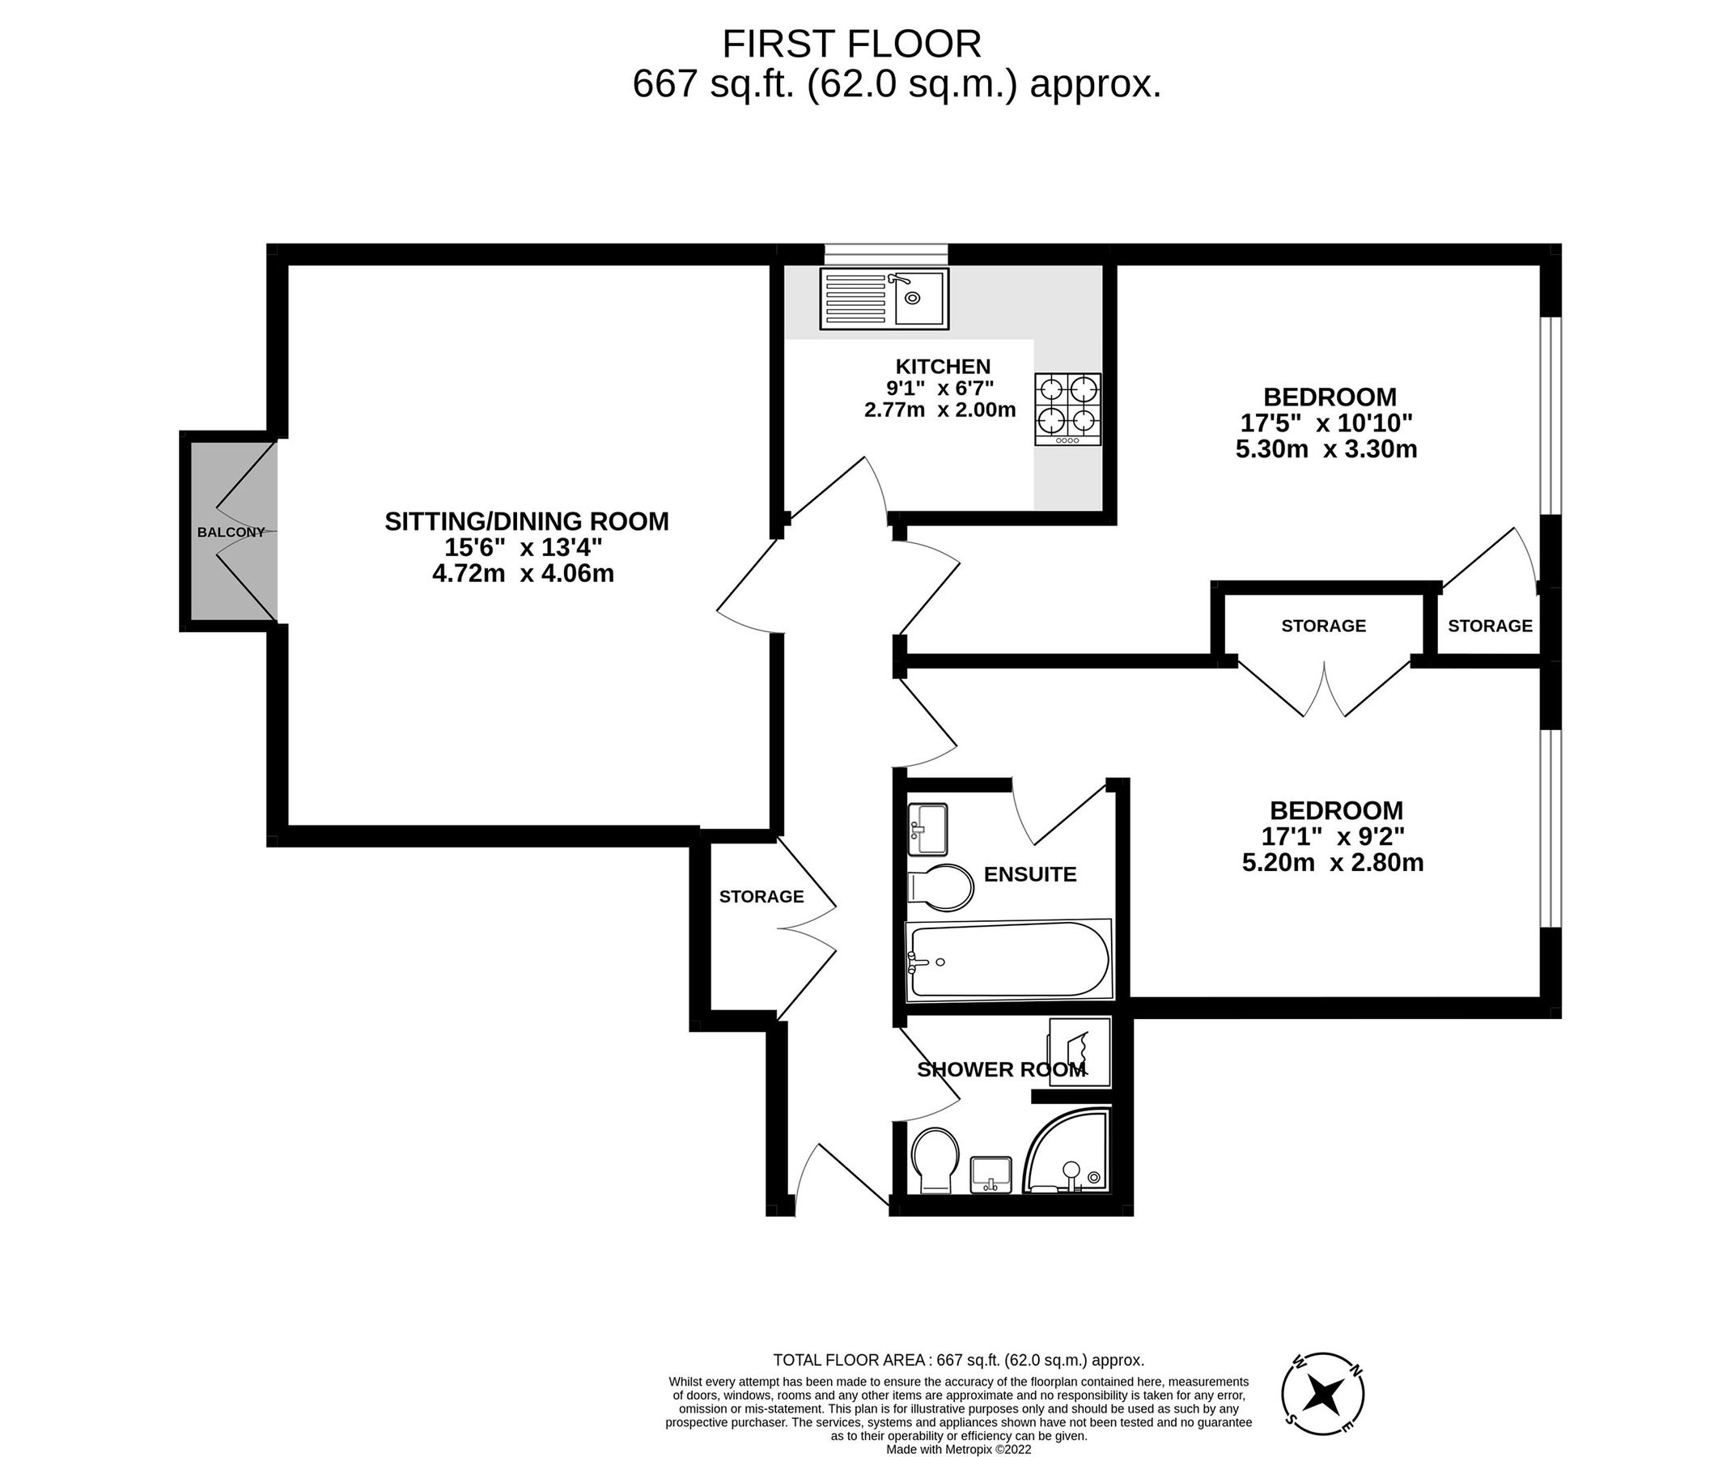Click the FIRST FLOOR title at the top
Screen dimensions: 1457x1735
click(852, 44)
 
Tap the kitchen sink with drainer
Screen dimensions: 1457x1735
click(884, 299)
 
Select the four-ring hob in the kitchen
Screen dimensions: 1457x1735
click(1067, 409)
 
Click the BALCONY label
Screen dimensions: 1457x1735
click(231, 533)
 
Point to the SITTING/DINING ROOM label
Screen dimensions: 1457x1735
click(526, 521)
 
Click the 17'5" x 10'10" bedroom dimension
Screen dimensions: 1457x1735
click(1326, 423)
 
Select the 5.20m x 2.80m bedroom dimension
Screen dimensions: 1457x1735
click(1333, 863)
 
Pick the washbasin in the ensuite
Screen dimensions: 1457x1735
click(928, 829)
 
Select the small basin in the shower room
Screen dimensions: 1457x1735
click(991, 1173)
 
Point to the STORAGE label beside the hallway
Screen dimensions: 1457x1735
click(761, 897)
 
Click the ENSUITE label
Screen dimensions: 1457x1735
click(1029, 874)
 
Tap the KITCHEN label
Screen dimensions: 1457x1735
click(943, 366)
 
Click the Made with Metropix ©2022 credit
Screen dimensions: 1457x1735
click(958, 1449)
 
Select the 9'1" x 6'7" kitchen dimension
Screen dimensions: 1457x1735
click(940, 388)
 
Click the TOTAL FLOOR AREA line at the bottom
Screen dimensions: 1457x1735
click(958, 1361)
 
